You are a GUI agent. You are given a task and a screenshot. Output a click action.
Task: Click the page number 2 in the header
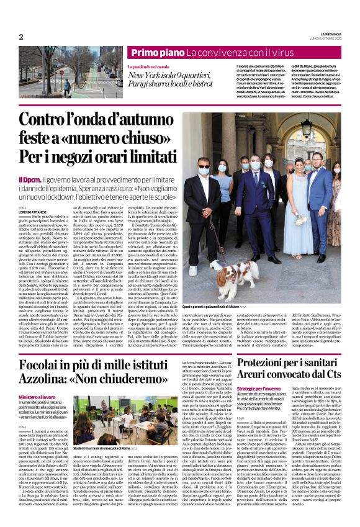[21, 37]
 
